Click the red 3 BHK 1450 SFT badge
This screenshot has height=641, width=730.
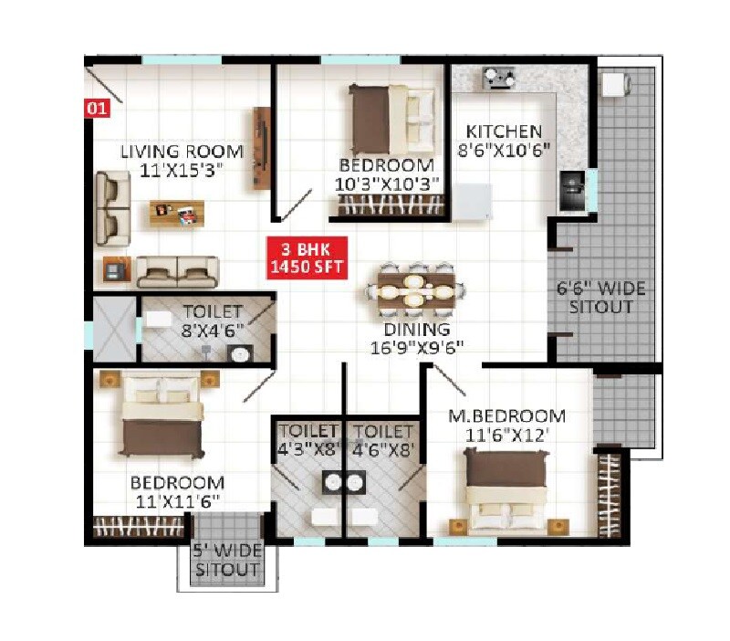[308, 257]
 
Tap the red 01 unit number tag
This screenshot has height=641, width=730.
[97, 109]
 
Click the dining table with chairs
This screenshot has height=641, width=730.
[415, 291]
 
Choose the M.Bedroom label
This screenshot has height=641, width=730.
[506, 426]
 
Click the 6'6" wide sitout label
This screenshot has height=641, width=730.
[600, 299]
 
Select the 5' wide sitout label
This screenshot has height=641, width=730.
[225, 562]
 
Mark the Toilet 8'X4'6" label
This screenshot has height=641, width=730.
[211, 320]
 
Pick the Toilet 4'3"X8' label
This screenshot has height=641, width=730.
[308, 439]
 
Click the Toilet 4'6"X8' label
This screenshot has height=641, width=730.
[384, 439]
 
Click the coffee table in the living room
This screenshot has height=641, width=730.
[177, 214]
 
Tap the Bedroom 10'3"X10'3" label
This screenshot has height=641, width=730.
[386, 174]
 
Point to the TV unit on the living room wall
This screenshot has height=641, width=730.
[262, 149]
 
